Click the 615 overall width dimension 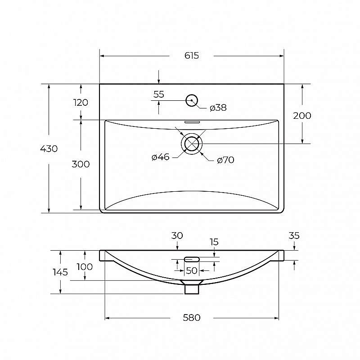pos(192,55)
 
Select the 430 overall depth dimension pos(49,149)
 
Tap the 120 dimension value pos(81,103)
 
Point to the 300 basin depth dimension pos(81,164)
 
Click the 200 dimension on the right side pos(302,116)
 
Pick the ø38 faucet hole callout pos(218,108)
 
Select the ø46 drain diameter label pos(161,157)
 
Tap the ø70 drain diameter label pos(225,160)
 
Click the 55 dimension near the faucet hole pos(159,94)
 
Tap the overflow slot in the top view pos(192,122)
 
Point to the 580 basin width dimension pos(192,318)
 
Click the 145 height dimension pos(60,272)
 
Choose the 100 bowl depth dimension pos(85,267)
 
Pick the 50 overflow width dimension pos(192,271)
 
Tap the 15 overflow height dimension pos(214,242)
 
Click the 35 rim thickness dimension pos(294,235)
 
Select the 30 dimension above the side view pos(177,235)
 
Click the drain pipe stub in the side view pos(192,289)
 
